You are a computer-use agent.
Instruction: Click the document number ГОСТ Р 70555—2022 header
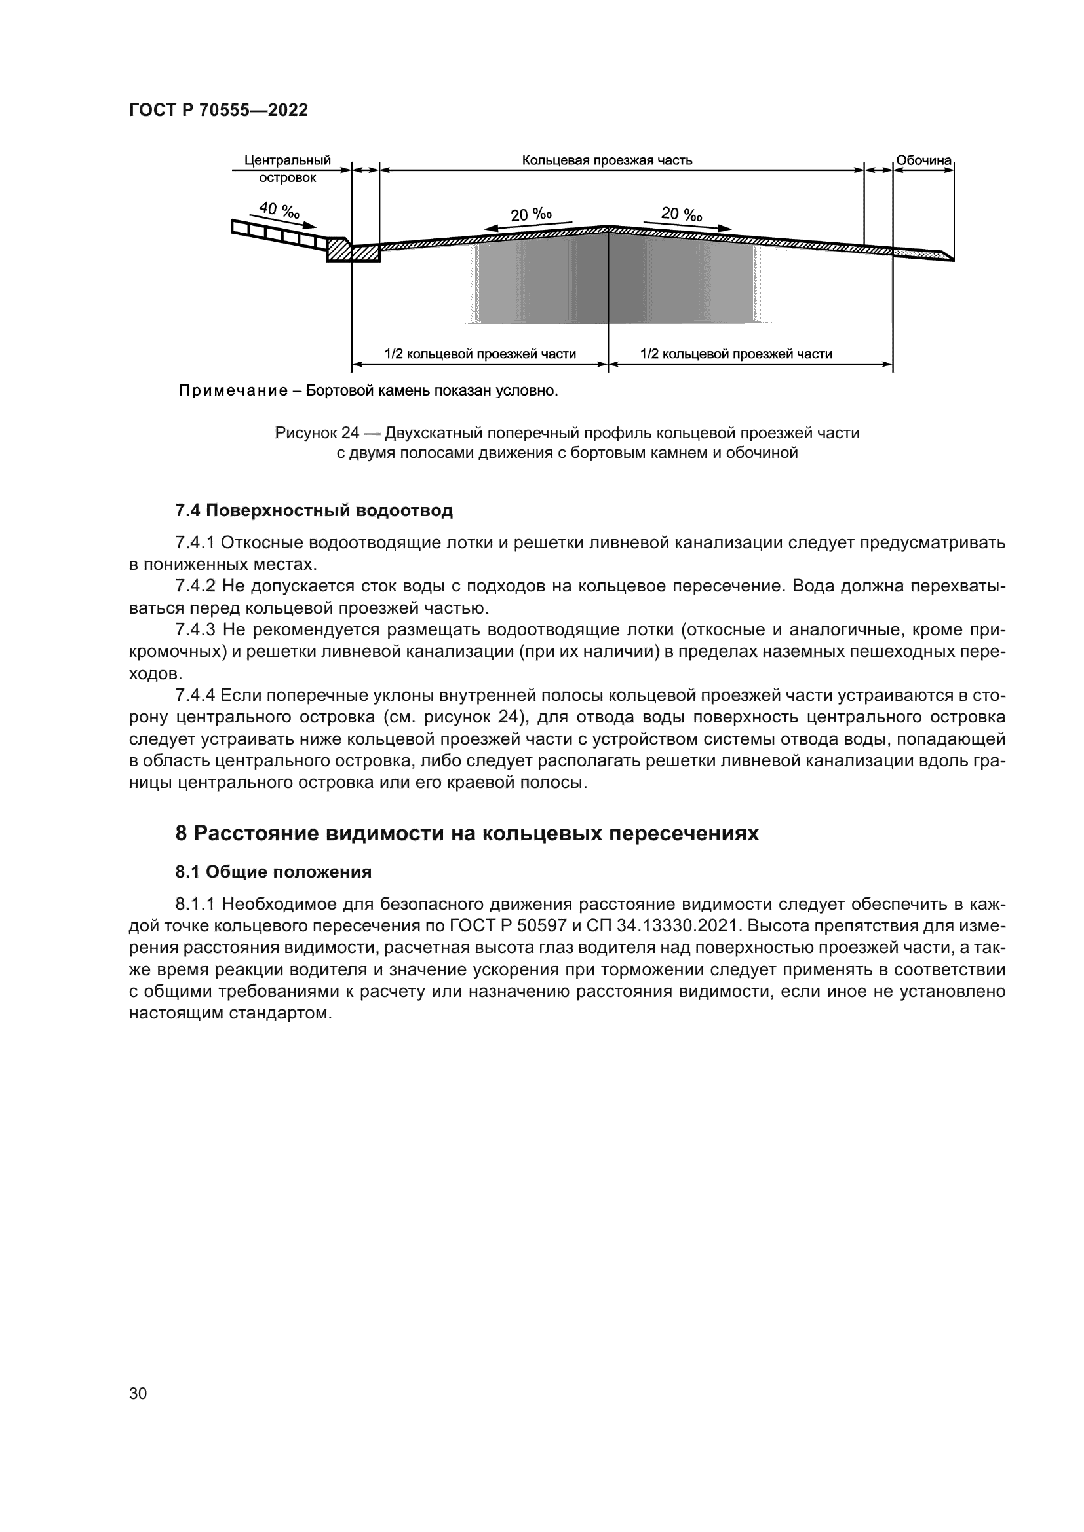point(218,111)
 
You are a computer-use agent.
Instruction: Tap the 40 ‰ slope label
point(280,210)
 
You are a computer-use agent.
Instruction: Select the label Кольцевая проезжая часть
point(607,160)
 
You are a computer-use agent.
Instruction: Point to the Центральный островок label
point(288,169)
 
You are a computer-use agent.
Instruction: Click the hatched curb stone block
point(339,250)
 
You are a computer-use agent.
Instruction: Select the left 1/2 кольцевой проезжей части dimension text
point(480,354)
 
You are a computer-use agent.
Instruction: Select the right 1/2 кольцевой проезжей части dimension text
point(736,354)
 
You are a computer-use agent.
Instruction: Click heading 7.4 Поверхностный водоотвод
point(314,511)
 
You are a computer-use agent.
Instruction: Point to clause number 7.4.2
point(195,586)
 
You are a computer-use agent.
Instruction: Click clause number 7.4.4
point(195,696)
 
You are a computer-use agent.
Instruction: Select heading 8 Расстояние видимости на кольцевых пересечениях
point(467,834)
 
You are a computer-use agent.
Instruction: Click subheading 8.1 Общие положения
point(273,872)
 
